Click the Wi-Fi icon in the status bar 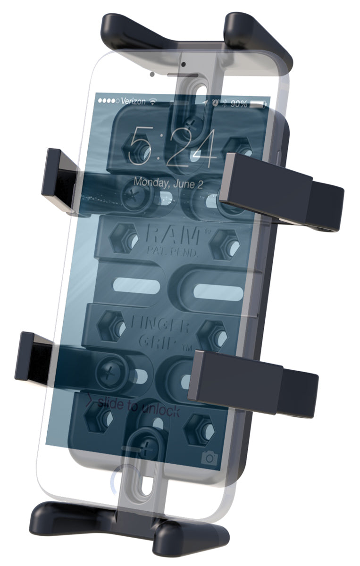(153, 101)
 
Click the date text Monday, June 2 (168, 183)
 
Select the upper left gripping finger (60, 179)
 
